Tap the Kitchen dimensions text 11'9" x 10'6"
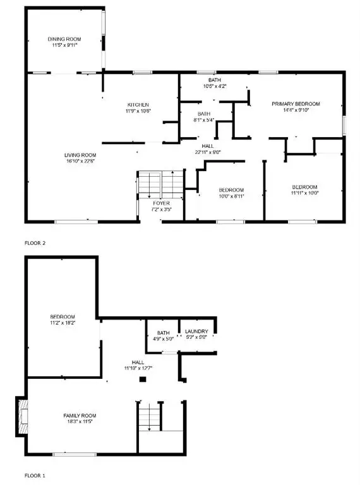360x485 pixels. click(138, 111)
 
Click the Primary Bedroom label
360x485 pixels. click(296, 104)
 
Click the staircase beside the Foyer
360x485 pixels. click(160, 183)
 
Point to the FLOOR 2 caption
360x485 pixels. click(36, 242)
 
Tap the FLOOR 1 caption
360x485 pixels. click(36, 474)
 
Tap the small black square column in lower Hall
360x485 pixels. click(143, 379)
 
